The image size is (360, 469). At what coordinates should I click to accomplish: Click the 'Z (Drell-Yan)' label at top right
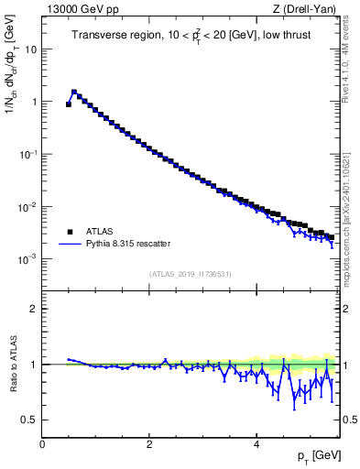pyautogui.click(x=305, y=9)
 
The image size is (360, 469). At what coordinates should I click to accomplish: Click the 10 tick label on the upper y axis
pyautogui.click(x=30, y=49)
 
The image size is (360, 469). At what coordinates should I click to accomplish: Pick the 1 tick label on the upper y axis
pyautogui.click(x=34, y=102)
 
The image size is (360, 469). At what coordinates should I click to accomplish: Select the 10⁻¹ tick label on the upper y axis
pyautogui.click(x=28, y=154)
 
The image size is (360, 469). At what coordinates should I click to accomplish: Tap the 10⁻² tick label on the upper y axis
pyautogui.click(x=28, y=207)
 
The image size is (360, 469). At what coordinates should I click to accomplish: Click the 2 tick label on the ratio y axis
pyautogui.click(x=34, y=309)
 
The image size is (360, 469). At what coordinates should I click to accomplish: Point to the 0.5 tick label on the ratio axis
pyautogui.click(x=30, y=420)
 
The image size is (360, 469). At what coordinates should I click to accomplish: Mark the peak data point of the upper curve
pyautogui.click(x=74, y=92)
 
